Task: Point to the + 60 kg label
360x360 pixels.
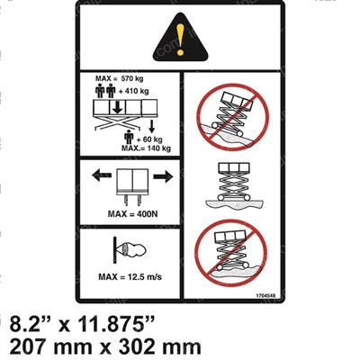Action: tap(146, 139)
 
